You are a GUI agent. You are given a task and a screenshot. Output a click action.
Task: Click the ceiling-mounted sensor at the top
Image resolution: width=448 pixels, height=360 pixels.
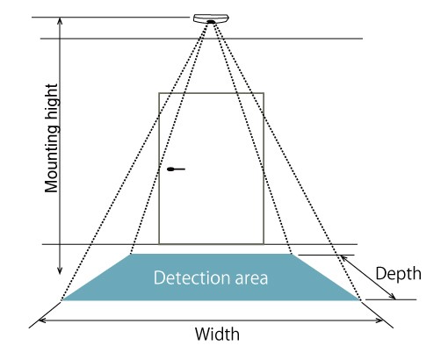pyautogui.click(x=211, y=18)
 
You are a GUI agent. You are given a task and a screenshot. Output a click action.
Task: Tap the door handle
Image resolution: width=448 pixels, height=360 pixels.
pyautogui.click(x=176, y=169)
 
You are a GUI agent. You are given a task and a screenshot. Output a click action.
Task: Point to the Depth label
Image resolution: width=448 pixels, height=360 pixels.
pyautogui.click(x=399, y=274)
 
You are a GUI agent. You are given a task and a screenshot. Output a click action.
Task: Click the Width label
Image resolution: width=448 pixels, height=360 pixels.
pyautogui.click(x=217, y=334)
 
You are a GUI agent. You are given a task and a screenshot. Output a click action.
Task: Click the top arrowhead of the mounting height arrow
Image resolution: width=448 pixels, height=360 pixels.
pyautogui.click(x=60, y=19)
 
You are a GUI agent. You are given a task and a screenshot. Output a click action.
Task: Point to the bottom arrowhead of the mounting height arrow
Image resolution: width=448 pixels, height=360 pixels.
pyautogui.click(x=60, y=272)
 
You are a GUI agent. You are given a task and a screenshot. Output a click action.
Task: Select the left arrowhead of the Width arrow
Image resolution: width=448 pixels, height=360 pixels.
pyautogui.click(x=40, y=320)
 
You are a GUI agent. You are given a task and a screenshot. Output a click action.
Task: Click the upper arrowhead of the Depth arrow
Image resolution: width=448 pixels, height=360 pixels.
pyautogui.click(x=342, y=256)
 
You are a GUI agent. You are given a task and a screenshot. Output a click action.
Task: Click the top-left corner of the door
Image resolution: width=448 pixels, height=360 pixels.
pyautogui.click(x=159, y=93)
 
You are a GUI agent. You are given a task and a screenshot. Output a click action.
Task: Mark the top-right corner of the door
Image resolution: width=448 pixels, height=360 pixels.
pyautogui.click(x=264, y=93)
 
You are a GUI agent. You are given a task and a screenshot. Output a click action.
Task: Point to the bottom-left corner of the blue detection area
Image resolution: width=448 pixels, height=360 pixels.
pyautogui.click(x=62, y=300)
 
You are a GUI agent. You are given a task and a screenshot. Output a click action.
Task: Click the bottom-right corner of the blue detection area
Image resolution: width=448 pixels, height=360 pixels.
pyautogui.click(x=360, y=300)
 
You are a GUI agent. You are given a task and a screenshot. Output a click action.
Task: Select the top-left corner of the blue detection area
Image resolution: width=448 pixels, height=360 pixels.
pyautogui.click(x=131, y=254)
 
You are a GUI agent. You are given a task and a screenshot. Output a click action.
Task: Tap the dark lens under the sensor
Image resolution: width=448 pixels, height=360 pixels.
pyautogui.click(x=211, y=22)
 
